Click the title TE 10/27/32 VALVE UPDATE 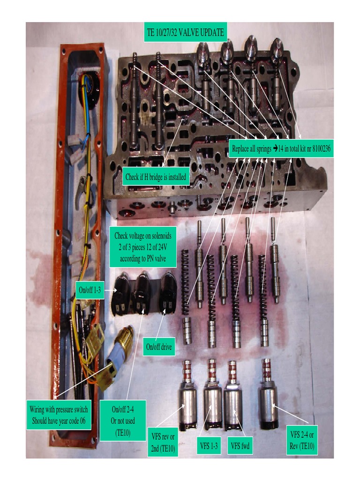(186, 32)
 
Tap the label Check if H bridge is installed (156, 177)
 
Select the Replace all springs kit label (281, 149)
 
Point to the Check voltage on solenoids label (143, 247)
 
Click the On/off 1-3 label (90, 290)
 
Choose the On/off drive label (159, 347)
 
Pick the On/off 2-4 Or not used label (123, 420)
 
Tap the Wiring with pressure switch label (59, 415)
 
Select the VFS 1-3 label (209, 446)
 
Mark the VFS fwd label (240, 446)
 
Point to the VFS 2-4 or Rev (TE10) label (302, 440)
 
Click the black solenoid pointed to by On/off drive (168, 290)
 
